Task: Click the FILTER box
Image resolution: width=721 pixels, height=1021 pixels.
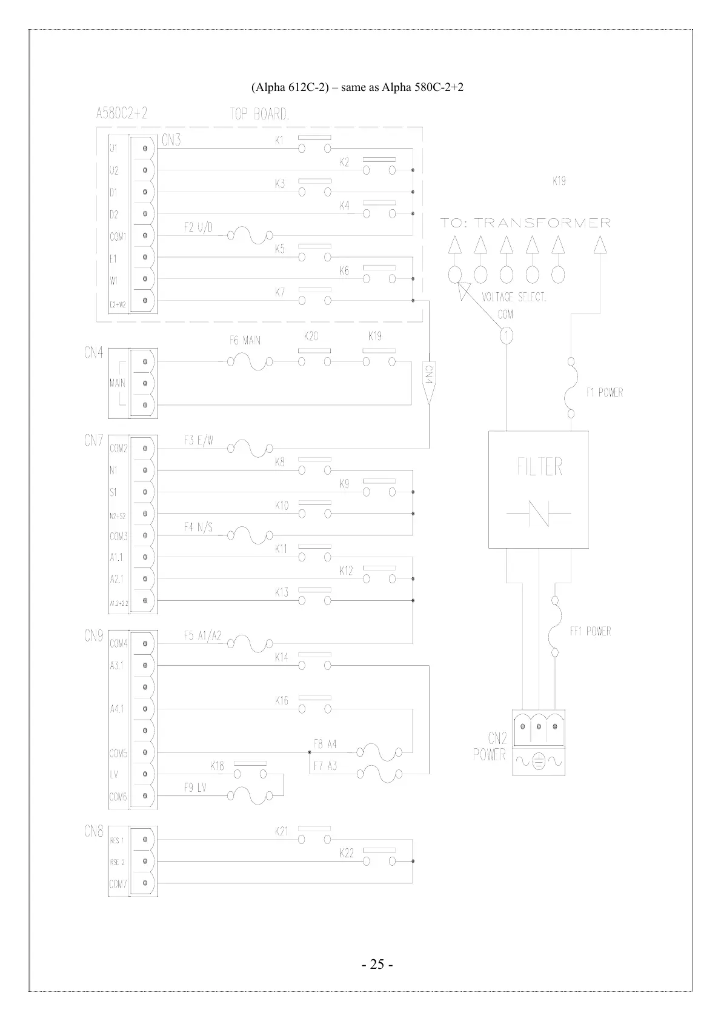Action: pyautogui.click(x=539, y=489)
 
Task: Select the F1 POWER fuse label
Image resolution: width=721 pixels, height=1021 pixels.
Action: pyautogui.click(x=604, y=393)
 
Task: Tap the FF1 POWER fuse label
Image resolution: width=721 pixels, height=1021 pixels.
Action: pyautogui.click(x=590, y=632)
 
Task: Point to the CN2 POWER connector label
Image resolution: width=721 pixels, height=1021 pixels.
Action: pyautogui.click(x=489, y=746)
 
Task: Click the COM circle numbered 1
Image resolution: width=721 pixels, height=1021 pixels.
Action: pyautogui.click(x=506, y=335)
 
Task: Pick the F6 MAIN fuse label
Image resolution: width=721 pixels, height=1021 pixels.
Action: pyautogui.click(x=245, y=341)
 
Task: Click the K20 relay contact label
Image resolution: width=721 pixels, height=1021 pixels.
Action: pyautogui.click(x=311, y=336)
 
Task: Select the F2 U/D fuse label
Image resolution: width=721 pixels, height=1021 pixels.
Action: pyautogui.click(x=198, y=228)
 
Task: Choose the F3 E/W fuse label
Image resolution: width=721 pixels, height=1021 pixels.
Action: pyautogui.click(x=199, y=441)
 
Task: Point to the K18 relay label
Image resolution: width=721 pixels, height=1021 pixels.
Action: pyautogui.click(x=218, y=766)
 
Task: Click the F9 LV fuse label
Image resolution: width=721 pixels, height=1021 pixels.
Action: pyautogui.click(x=195, y=788)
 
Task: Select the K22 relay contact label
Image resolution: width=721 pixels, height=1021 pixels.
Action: pyautogui.click(x=347, y=854)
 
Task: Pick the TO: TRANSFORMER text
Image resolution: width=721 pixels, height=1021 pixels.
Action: pyautogui.click(x=525, y=223)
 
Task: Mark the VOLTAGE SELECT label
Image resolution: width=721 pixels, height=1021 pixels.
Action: pyautogui.click(x=514, y=297)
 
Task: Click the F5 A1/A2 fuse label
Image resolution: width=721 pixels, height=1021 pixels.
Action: pyautogui.click(x=202, y=636)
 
